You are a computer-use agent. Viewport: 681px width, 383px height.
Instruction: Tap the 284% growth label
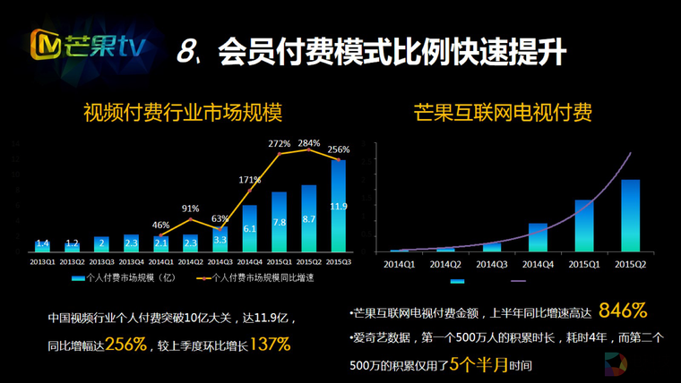pos(309,142)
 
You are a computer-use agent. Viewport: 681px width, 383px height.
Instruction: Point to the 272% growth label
pos(279,143)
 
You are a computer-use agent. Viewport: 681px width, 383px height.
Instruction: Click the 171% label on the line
pos(250,180)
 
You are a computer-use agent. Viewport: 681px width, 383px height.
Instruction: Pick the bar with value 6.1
pos(250,229)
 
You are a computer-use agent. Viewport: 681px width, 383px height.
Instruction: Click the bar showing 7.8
pos(279,222)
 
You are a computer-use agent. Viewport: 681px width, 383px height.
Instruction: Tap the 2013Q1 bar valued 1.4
pos(42,244)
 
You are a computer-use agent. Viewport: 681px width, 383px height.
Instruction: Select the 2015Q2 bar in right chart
pos(630,217)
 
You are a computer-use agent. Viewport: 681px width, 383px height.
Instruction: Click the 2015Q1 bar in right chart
pos(583,226)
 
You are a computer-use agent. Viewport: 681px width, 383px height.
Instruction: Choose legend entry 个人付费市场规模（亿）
pos(122,278)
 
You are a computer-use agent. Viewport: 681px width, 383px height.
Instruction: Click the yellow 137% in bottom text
pos(269,344)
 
